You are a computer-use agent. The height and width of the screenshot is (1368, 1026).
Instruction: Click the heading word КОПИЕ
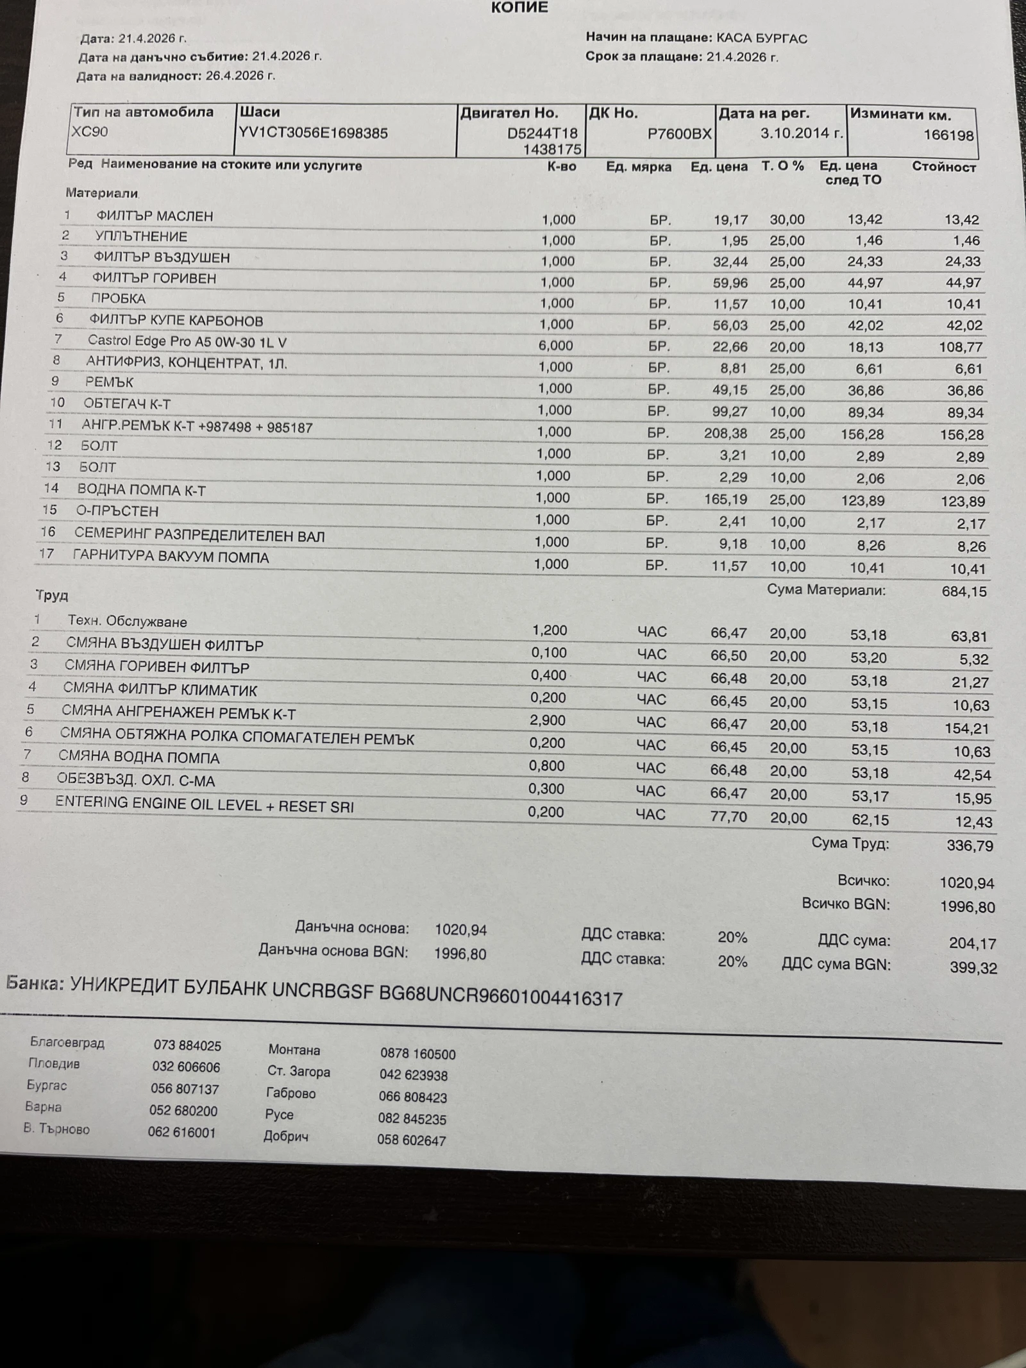[x=519, y=8]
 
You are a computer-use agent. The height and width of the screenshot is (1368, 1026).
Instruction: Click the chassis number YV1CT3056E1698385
[x=313, y=133]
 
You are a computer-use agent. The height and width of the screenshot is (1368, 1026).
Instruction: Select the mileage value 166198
[x=948, y=135]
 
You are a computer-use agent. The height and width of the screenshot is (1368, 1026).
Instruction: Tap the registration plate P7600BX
[x=679, y=133]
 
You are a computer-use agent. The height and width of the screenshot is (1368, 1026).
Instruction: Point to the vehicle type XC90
[x=90, y=131]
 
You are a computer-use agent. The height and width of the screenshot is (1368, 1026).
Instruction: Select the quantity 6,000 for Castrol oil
[x=555, y=346]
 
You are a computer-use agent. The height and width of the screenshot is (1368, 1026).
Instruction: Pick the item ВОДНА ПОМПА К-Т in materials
[x=141, y=490]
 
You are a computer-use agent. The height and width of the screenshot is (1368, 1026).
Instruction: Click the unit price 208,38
[x=725, y=434]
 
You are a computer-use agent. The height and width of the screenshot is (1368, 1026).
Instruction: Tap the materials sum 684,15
[x=964, y=591]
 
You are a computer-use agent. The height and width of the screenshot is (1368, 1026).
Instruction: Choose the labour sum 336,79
[x=970, y=846]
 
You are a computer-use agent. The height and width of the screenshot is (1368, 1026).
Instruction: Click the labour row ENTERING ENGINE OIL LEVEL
[x=204, y=805]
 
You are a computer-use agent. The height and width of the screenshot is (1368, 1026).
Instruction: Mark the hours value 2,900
[x=547, y=720]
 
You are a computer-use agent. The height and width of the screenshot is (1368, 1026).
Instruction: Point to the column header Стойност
[x=943, y=167]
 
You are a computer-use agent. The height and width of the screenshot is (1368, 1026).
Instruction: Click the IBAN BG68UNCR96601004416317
[x=500, y=997]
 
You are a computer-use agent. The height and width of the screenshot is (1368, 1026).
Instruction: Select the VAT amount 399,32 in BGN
[x=973, y=968]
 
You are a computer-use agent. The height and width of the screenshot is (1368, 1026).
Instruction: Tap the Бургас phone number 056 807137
[x=185, y=1089]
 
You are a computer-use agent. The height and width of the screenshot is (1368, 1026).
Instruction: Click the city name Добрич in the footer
[x=286, y=1136]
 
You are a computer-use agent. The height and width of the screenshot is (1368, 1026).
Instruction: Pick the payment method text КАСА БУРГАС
[x=761, y=38]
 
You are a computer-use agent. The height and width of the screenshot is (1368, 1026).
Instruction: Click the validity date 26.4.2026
[x=234, y=76]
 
